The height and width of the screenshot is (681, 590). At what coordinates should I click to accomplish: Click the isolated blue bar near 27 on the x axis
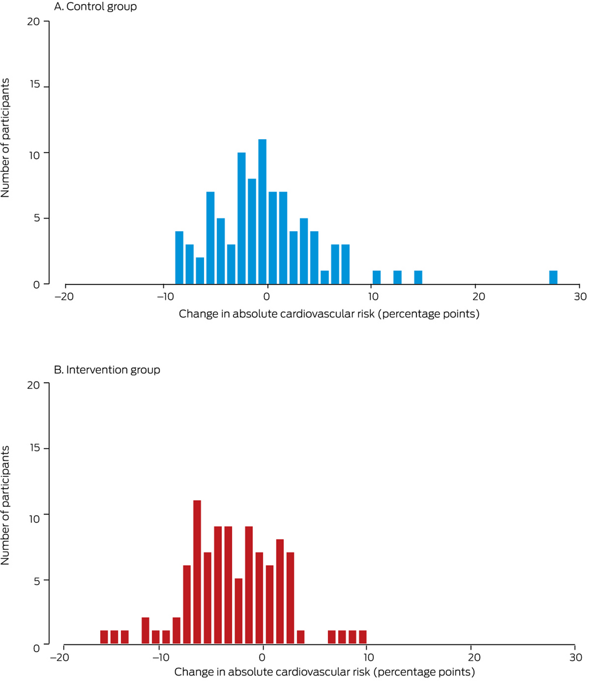click(x=553, y=277)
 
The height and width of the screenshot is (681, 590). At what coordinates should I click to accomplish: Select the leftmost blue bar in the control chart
click(x=179, y=258)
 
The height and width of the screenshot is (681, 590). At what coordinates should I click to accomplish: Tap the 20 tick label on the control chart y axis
click(x=33, y=22)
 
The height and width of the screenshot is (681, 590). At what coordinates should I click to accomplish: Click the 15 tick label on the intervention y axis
click(x=33, y=449)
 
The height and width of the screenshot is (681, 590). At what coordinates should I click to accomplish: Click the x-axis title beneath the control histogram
click(x=329, y=314)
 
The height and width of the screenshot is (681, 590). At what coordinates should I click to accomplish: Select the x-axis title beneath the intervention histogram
click(x=325, y=673)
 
